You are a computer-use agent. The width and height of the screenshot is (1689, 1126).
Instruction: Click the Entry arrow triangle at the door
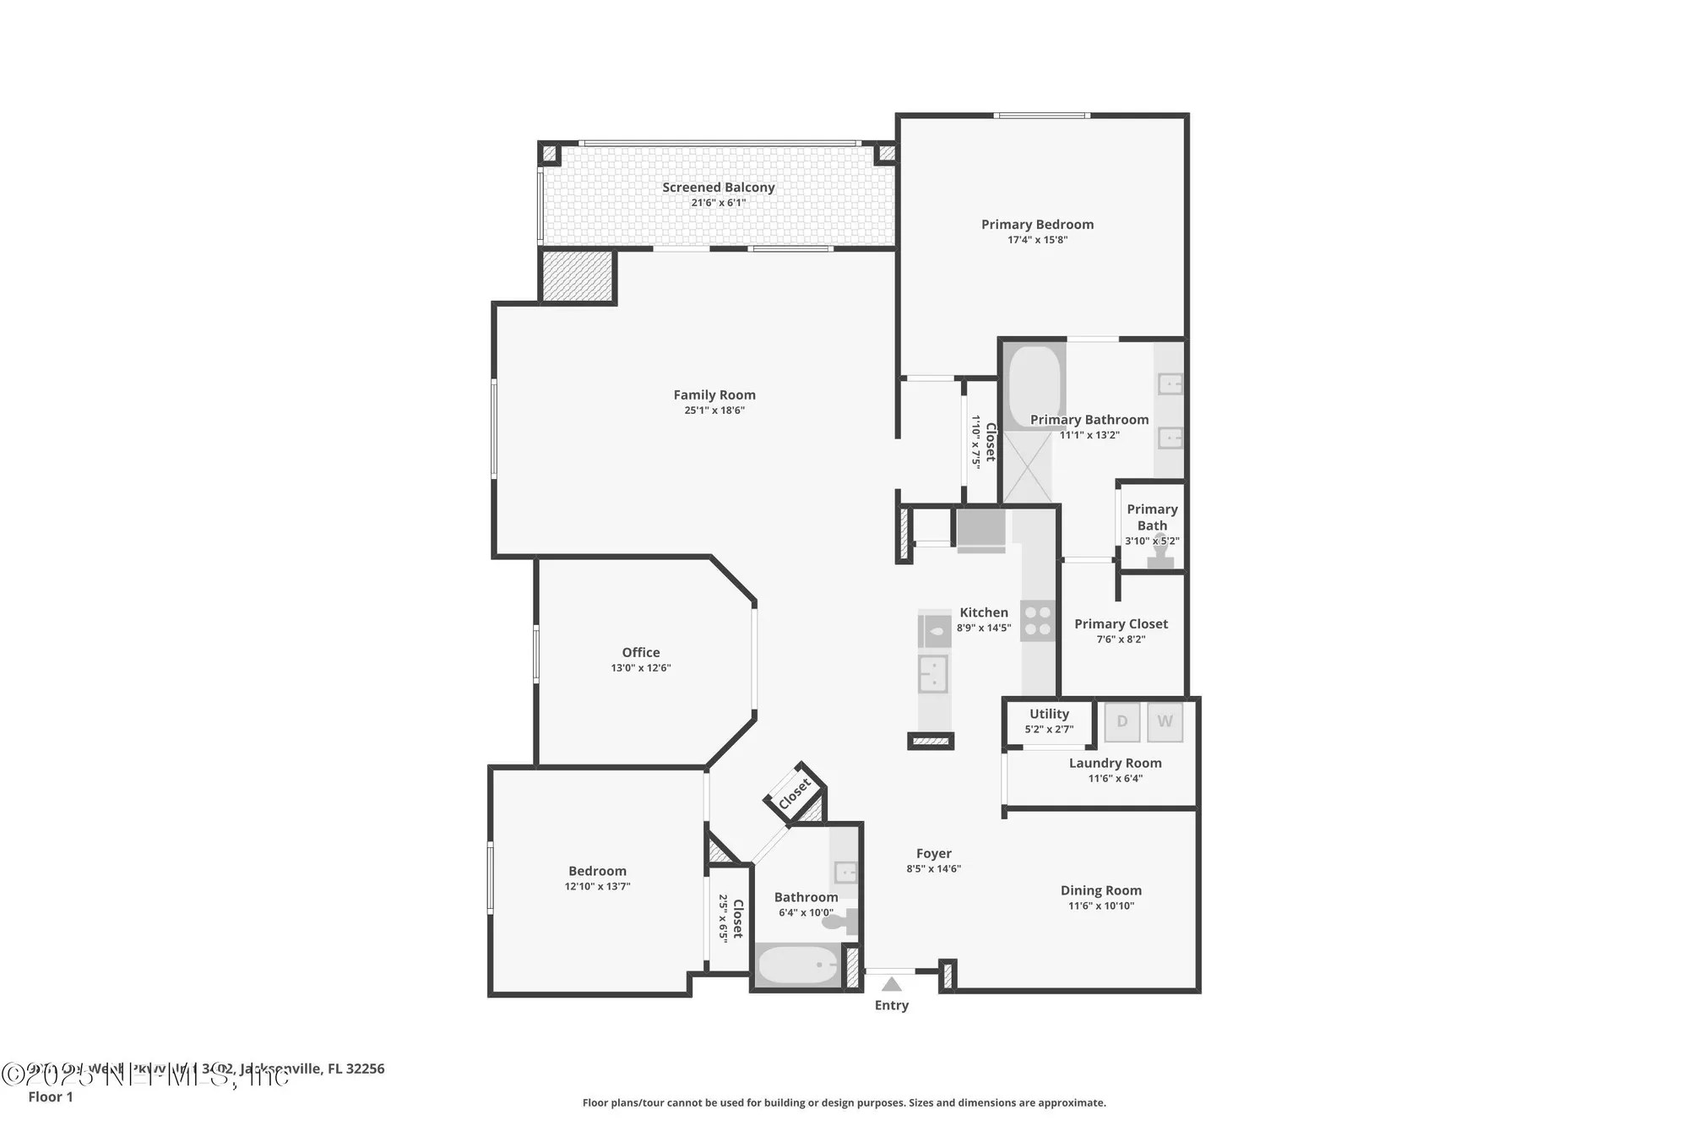coord(892,984)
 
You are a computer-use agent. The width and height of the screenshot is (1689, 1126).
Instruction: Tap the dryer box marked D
coord(1122,721)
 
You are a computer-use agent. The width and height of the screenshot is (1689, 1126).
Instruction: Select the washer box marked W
coord(1165,721)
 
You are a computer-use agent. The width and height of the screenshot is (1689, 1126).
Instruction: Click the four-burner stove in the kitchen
coord(1038,621)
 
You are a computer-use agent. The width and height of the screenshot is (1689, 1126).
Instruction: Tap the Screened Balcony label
coord(718,188)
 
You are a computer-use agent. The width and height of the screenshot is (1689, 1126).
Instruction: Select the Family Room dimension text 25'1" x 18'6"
coord(714,411)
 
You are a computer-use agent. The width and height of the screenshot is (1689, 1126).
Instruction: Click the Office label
coord(641,652)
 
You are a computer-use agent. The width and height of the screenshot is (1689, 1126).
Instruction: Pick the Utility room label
coord(1049,714)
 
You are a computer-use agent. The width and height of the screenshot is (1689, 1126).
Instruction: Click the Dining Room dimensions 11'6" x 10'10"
coord(1100,906)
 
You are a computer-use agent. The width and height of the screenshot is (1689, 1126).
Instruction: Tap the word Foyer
coord(933,853)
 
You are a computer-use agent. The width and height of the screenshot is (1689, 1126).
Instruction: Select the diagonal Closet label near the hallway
coord(795,794)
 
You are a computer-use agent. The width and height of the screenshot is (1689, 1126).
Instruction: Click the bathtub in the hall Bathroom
coord(798,965)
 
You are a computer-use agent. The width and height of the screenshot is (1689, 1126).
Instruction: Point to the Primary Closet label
coord(1121,623)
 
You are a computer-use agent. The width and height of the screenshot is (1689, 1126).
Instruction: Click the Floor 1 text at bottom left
coord(51,1096)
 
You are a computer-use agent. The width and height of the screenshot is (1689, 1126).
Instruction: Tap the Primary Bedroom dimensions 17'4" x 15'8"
coord(1037,240)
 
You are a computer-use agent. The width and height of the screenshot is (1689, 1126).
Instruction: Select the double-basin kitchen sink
coord(933,674)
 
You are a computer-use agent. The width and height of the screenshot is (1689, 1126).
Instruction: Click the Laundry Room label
coord(1115,763)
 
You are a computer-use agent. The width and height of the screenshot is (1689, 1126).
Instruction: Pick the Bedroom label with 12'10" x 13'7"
coord(597,871)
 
